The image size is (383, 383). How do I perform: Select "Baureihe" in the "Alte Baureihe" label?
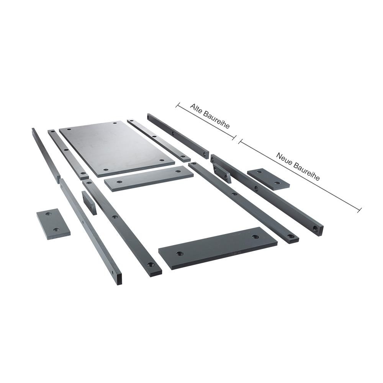click(216, 120)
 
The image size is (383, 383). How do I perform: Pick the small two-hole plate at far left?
click(53, 224)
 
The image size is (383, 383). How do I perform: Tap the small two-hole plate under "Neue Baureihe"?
click(268, 179)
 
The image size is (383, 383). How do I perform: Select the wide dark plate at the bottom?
click(218, 248)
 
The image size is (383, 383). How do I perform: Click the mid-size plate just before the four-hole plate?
click(149, 178)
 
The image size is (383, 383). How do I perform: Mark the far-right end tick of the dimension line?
click(359, 210)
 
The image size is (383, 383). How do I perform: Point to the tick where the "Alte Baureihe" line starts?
click(178, 105)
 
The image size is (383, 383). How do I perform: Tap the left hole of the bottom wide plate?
click(180, 254)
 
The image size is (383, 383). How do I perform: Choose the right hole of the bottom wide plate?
click(255, 236)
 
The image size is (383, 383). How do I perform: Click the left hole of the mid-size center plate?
click(119, 182)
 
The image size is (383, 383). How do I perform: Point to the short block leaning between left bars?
click(89, 203)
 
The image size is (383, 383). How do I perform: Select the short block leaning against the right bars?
click(221, 173)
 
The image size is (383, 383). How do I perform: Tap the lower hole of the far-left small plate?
click(56, 229)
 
